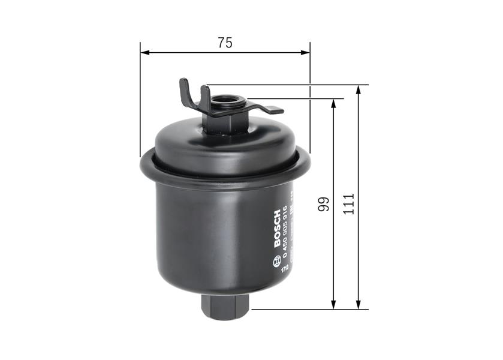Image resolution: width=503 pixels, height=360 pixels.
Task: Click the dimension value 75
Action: click(x=225, y=43)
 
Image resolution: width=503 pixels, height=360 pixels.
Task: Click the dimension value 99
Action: click(x=324, y=204)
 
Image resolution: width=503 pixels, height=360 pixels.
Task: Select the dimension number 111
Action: click(x=350, y=204)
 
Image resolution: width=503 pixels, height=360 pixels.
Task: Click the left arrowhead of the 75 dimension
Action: click(x=144, y=53)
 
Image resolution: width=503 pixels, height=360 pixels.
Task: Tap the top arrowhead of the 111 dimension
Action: click(x=358, y=89)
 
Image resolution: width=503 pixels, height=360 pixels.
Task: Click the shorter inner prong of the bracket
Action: click(x=205, y=96)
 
